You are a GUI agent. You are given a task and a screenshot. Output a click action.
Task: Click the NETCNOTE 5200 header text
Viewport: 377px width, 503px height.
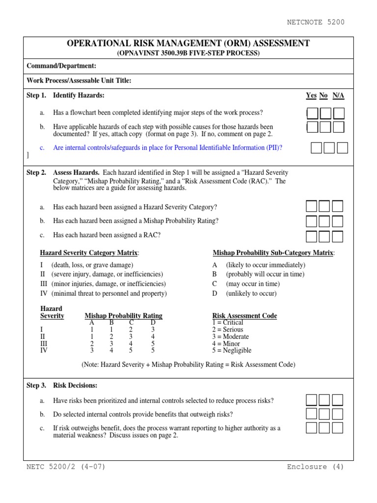pyautogui.click(x=316, y=22)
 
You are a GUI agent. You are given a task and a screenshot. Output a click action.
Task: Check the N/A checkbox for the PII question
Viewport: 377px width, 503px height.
pyautogui.click(x=342, y=148)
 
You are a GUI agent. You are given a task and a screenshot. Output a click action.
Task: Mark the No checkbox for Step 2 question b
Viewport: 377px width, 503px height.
pyautogui.click(x=324, y=221)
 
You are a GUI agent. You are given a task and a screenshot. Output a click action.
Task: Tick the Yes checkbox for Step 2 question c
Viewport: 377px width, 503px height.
pyautogui.click(x=312, y=236)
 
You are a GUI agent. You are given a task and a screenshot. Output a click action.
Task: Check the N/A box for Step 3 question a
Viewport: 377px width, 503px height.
pyautogui.click(x=337, y=400)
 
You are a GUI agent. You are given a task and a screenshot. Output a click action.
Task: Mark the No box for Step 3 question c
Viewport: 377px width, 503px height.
pyautogui.click(x=324, y=428)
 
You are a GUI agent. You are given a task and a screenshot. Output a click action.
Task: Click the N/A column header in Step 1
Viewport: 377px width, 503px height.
pyautogui.click(x=338, y=95)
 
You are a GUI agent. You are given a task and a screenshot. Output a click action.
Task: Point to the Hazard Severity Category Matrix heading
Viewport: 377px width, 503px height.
pyautogui.click(x=89, y=253)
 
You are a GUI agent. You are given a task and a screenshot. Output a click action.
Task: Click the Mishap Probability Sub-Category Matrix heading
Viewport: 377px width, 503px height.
pyautogui.click(x=274, y=253)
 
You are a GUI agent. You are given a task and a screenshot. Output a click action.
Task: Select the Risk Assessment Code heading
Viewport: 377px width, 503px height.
pyautogui.click(x=244, y=316)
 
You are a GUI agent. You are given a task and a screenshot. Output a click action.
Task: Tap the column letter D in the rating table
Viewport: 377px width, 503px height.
pyautogui.click(x=153, y=323)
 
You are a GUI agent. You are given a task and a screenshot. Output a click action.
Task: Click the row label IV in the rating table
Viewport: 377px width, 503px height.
pyautogui.click(x=44, y=351)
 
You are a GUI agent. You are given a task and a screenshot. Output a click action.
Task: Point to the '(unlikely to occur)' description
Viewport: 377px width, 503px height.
pyautogui.click(x=251, y=294)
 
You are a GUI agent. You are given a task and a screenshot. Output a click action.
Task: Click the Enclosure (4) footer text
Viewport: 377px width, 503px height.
pyautogui.click(x=316, y=467)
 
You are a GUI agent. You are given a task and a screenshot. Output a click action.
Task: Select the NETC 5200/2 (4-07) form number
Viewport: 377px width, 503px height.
pyautogui.click(x=66, y=467)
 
